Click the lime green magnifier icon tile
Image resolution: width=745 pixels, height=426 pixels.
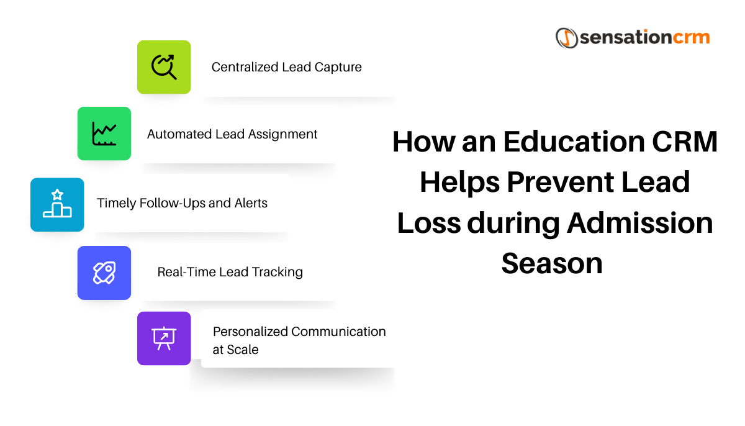pos(164,67)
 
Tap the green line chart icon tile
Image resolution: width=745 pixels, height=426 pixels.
pos(104,134)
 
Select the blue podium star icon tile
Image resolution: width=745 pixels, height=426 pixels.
pos(57,205)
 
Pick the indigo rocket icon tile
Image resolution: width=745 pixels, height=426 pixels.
pos(104,273)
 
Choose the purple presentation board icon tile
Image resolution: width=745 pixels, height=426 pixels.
pos(164,338)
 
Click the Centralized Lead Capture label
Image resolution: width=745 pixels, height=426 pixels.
pos(286,67)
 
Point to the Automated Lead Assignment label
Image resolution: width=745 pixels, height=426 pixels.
pos(232,134)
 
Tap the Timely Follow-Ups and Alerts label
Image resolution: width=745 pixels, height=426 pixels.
pos(182,203)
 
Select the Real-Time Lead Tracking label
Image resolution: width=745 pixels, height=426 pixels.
pos(230,272)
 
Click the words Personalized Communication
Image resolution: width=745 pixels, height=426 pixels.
pos(299,332)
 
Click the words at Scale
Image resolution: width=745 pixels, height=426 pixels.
pos(235,350)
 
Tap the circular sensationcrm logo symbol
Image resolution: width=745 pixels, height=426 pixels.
pos(567,37)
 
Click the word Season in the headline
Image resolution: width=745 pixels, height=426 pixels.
pos(552,263)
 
